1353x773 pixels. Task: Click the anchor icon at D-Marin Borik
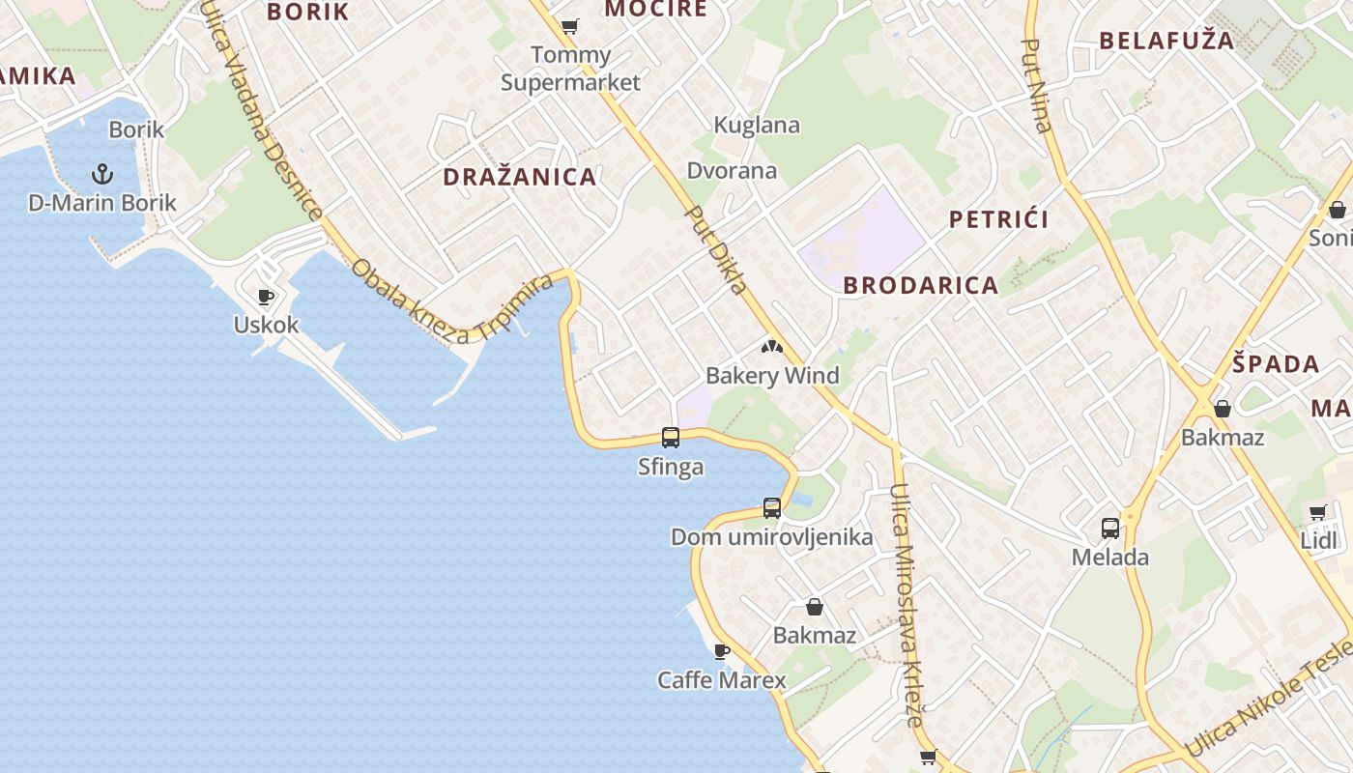click(102, 175)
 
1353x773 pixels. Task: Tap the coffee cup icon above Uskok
click(266, 297)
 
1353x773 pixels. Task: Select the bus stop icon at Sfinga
click(671, 438)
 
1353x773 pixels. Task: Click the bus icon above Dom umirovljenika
click(771, 507)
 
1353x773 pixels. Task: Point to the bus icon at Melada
click(1110, 529)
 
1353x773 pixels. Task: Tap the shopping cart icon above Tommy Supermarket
click(570, 26)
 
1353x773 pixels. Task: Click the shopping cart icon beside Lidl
click(1317, 512)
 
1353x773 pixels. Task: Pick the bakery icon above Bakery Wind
click(771, 347)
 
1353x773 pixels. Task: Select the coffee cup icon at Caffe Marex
click(721, 651)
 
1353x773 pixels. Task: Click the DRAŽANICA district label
click(520, 177)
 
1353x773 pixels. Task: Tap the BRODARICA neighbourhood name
click(921, 285)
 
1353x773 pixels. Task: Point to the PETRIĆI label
click(998, 219)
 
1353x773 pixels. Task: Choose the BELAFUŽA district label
click(1166, 41)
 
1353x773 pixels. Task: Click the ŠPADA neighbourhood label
click(1276, 364)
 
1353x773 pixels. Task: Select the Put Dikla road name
click(716, 250)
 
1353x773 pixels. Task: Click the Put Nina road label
click(1036, 85)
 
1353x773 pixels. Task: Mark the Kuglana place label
click(757, 125)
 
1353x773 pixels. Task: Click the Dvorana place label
click(732, 171)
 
